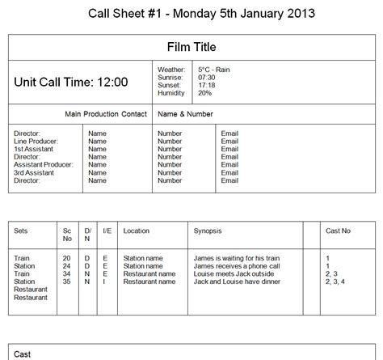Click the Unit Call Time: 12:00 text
click(x=71, y=82)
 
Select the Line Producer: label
click(x=36, y=141)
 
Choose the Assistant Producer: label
click(x=44, y=164)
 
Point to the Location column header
click(x=136, y=231)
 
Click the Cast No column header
click(x=338, y=231)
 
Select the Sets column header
click(x=21, y=231)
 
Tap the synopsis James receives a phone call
click(x=237, y=266)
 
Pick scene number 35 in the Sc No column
click(x=66, y=282)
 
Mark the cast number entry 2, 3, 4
click(x=335, y=282)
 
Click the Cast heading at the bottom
click(x=23, y=354)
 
